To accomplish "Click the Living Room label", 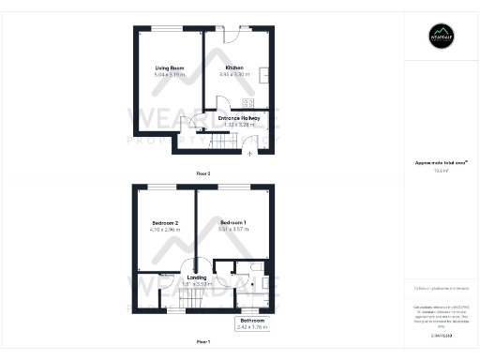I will tap(169, 68).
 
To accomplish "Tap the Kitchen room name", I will tap(234, 68).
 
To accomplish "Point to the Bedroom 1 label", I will tap(232, 222).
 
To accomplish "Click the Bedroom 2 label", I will tap(165, 222).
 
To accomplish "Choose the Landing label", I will tap(197, 277).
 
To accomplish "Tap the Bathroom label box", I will tap(251, 323).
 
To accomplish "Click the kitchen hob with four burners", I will tap(249, 103).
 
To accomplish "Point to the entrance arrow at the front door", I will tap(249, 152).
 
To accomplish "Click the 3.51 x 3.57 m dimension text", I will tap(232, 229).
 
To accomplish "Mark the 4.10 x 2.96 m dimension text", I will tap(165, 229).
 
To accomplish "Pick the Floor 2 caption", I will tap(203, 174).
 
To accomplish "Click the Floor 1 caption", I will tap(203, 340).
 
